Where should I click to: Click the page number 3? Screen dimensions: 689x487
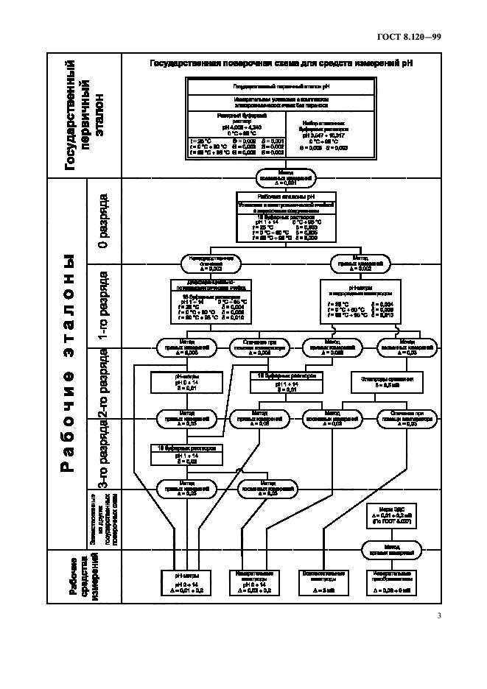coord(438,616)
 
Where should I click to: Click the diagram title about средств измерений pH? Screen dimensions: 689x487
coord(281,64)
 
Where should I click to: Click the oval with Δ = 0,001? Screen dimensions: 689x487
coord(285,178)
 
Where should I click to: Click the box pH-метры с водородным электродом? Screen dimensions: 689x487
coord(360,299)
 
